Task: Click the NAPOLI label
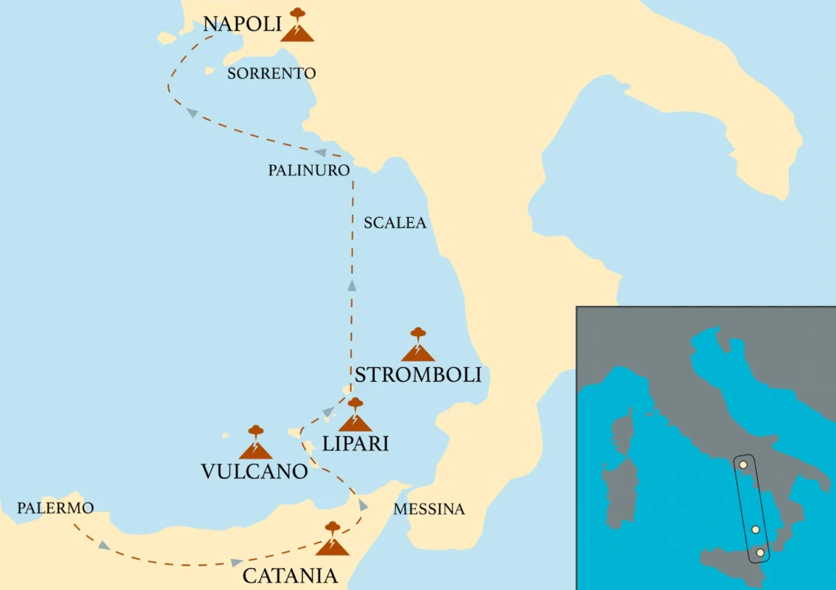242,24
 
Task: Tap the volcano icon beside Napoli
297,26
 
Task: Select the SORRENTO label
271,73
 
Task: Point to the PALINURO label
309,171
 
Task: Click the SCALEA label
395,223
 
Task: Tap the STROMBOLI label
417,375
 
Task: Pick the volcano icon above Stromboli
418,345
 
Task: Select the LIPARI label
355,444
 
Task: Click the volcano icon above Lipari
355,415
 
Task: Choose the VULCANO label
254,471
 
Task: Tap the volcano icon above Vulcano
256,442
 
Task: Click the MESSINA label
429,509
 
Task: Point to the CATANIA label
290,575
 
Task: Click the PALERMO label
55,508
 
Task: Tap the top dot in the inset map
743,464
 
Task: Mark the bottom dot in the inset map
761,553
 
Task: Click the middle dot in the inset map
755,530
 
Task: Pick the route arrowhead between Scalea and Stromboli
352,285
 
